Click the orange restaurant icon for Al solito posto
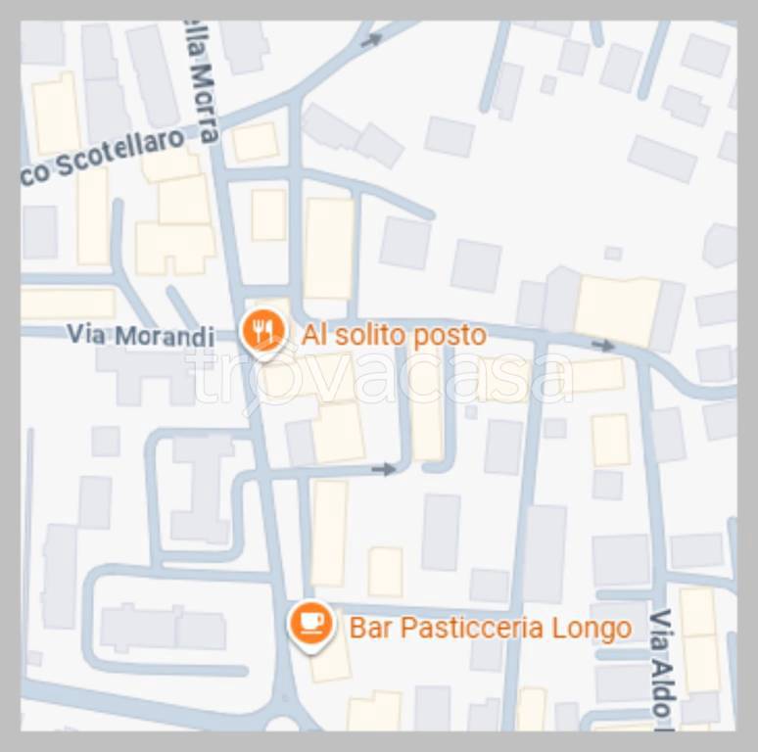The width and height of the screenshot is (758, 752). pos(261,330)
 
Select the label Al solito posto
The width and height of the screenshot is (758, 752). pos(394,335)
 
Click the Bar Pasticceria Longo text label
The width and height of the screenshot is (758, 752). pos(490,627)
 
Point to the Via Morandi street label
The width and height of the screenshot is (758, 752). pos(140,335)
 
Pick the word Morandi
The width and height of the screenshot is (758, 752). pos(165,336)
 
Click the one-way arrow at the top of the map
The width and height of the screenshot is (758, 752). pos(371,40)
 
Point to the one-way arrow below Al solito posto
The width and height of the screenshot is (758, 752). pos(386,469)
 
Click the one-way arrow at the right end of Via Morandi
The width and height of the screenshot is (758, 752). pos(603,345)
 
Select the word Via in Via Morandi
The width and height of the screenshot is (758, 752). pos(86,334)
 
